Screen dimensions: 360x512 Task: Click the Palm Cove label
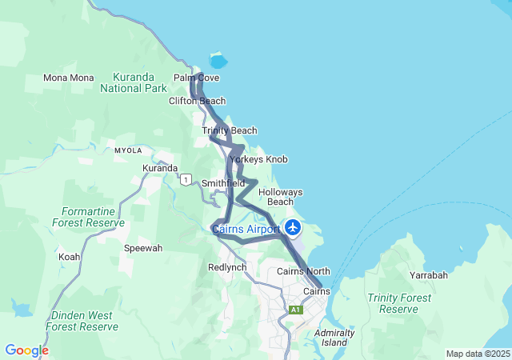(x=196, y=78)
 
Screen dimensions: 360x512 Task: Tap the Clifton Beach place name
(x=197, y=102)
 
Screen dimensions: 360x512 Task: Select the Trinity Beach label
(x=229, y=130)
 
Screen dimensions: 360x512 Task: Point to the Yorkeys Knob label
(x=258, y=159)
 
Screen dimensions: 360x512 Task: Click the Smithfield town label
(x=223, y=183)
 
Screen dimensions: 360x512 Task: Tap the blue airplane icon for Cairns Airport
(x=293, y=228)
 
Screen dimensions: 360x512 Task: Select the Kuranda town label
(x=160, y=168)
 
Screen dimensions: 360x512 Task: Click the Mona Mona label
(x=68, y=78)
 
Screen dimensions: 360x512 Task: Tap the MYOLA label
(x=128, y=150)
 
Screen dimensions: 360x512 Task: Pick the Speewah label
(x=143, y=248)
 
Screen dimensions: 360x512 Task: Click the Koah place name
(x=69, y=257)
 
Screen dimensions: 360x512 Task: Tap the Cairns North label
(x=303, y=272)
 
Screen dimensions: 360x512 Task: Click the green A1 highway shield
(x=296, y=309)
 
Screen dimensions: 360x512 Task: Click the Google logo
(x=26, y=350)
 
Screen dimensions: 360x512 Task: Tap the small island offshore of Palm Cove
(x=218, y=61)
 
